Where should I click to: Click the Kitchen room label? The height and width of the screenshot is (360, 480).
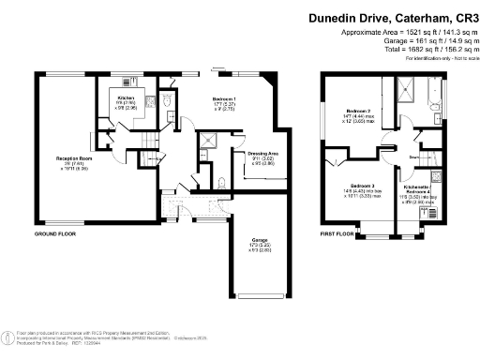pos(127,97)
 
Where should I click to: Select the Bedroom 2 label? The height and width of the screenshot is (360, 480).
pos(354,111)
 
